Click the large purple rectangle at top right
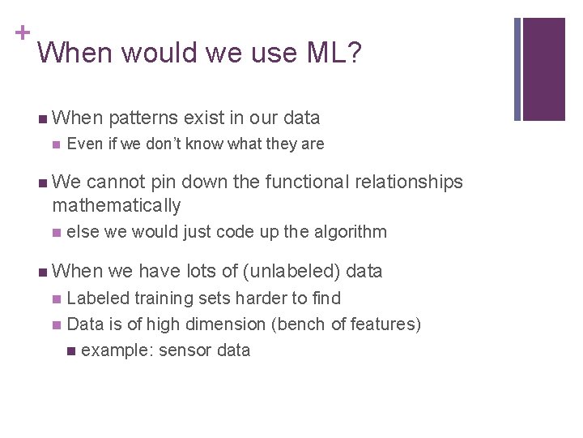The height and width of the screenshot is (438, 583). (543, 69)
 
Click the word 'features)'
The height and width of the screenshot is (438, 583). (385, 324)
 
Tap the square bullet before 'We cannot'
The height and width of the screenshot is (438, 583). (42, 182)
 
